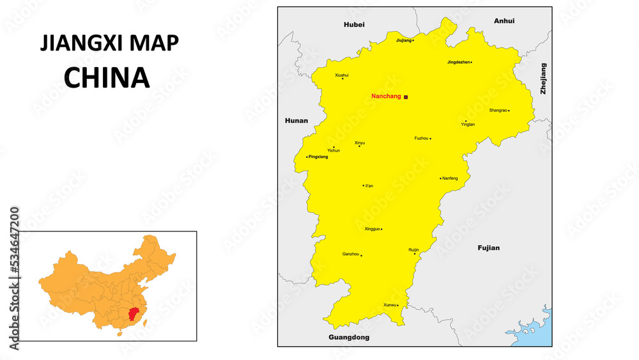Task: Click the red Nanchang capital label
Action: click(x=386, y=97)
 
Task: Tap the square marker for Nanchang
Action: click(x=406, y=97)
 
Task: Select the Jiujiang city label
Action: click(x=403, y=40)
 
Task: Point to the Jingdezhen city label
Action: click(x=458, y=62)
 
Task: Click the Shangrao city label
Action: click(x=498, y=110)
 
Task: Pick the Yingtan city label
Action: click(x=468, y=124)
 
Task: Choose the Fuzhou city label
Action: click(x=421, y=138)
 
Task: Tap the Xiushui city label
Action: click(x=342, y=75)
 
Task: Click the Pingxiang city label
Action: click(x=318, y=157)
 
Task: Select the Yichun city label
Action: click(x=334, y=150)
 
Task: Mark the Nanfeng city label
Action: click(x=450, y=178)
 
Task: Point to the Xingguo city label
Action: click(x=372, y=228)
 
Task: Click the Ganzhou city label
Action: click(x=350, y=254)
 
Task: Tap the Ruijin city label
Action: click(x=413, y=249)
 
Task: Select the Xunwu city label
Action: click(x=389, y=305)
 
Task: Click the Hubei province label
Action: click(x=354, y=24)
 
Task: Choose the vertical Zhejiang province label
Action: click(x=544, y=79)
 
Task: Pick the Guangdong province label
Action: click(x=349, y=337)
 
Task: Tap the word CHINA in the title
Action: click(x=107, y=77)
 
